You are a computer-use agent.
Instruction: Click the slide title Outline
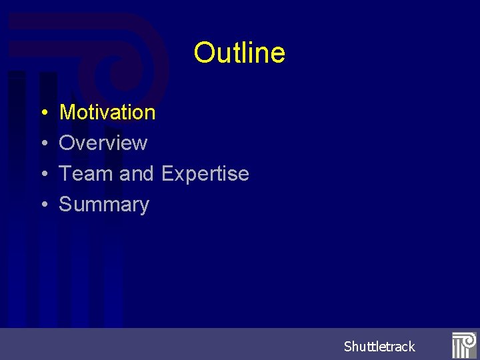point(239,53)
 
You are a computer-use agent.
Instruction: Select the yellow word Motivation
point(107,112)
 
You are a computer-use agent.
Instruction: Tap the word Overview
point(103,143)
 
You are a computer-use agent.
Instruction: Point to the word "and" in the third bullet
point(137,173)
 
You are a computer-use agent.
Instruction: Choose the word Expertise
point(205,173)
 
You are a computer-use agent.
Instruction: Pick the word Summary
point(104,205)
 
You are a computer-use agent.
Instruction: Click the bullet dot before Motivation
point(42,113)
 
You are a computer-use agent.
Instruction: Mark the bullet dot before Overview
point(42,143)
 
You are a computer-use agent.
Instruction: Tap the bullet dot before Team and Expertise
point(42,174)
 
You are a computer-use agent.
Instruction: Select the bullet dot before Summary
point(42,205)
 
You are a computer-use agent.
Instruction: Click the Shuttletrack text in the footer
point(379,346)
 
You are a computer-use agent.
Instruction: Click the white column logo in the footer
point(463,345)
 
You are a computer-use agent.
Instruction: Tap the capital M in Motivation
point(67,112)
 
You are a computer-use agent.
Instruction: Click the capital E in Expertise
point(168,173)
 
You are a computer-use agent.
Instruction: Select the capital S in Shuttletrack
point(348,346)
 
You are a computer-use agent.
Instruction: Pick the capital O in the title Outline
point(203,53)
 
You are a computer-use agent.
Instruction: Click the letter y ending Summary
point(143,206)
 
